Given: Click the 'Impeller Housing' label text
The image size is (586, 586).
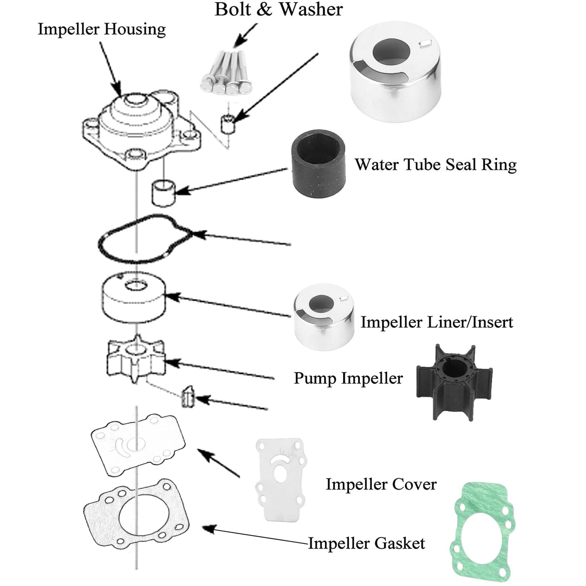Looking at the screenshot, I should click(102, 30).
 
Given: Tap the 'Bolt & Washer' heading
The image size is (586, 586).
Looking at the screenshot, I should click(279, 9).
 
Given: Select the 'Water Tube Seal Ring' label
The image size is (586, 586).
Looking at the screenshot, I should click(435, 164).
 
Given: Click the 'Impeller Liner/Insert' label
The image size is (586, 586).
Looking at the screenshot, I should click(436, 322).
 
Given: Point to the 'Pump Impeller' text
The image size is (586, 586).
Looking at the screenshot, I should click(348, 378).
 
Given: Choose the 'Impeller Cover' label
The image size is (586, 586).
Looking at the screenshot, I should click(381, 484).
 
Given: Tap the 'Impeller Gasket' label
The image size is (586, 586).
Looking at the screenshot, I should click(366, 543).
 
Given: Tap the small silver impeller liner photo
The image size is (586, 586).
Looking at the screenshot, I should click(324, 317).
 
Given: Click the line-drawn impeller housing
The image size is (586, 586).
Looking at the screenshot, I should click(141, 129).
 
